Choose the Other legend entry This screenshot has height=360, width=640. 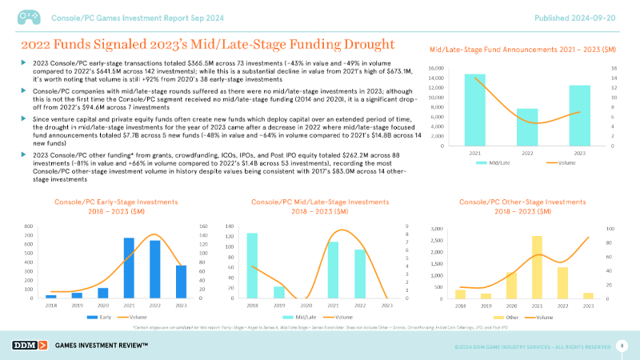[513, 317]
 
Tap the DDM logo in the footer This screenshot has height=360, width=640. [27, 345]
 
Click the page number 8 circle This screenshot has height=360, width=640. [622, 345]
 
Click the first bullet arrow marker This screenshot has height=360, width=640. [24, 62]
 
